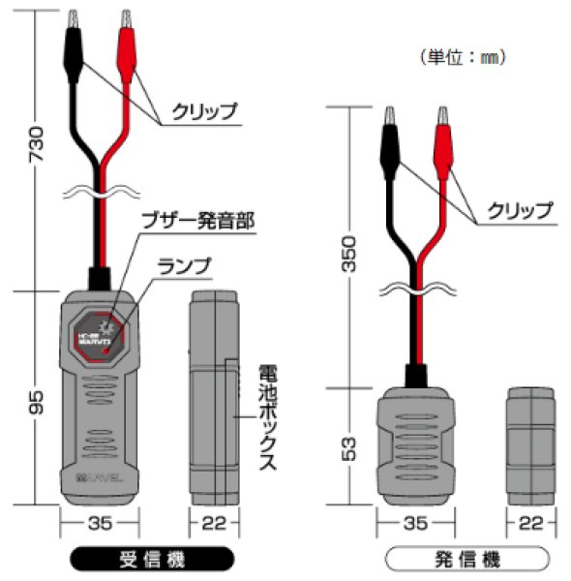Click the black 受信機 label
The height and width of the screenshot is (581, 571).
click(x=152, y=560)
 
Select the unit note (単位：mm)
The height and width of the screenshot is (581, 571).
click(x=463, y=57)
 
